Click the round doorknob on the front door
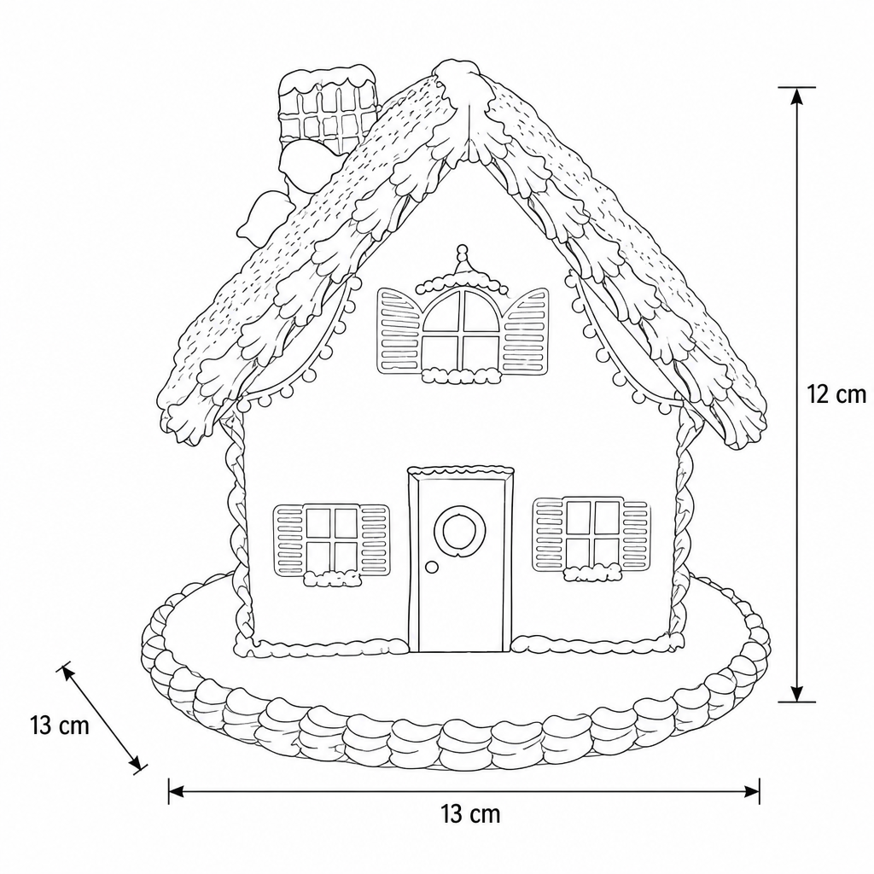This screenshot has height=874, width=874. pos(431,567)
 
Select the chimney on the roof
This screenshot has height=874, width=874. pos(327,109)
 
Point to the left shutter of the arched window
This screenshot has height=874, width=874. pos(399,330)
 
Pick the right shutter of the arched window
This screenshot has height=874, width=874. pos(525,331)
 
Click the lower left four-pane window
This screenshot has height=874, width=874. pos(332,539)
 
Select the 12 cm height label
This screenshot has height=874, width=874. pos(836,394)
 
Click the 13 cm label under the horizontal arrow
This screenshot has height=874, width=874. pos(471,814)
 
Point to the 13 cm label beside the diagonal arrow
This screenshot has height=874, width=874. pos(60,725)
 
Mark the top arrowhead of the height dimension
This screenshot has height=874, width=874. pos(797,97)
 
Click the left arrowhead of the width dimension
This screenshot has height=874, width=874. pos(177,791)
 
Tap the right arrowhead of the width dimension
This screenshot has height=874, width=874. pos(751,791)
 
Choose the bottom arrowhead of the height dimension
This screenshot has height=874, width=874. pos(797,692)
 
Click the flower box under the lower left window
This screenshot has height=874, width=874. pos(332,580)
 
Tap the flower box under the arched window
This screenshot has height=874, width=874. pos(460,376)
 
